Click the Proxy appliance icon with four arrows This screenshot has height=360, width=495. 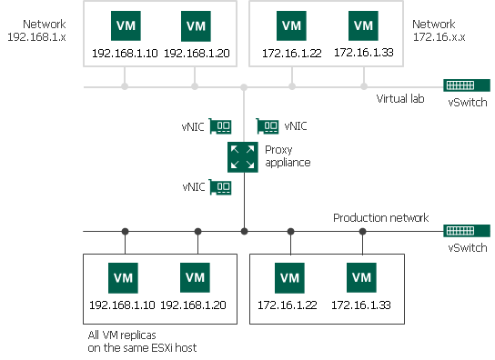(x=243, y=156)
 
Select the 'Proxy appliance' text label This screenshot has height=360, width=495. (x=288, y=155)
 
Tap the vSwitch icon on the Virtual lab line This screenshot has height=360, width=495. (x=464, y=86)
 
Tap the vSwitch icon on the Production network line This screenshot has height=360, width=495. (x=464, y=231)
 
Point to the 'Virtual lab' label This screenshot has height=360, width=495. (x=402, y=98)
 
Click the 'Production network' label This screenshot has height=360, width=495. (x=380, y=218)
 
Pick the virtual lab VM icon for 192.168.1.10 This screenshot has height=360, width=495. (x=124, y=25)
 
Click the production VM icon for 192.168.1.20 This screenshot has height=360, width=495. (x=196, y=276)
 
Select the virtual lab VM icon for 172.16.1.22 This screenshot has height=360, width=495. (x=291, y=25)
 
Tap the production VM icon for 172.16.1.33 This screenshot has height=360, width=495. (x=362, y=276)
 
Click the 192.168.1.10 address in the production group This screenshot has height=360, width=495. (x=124, y=305)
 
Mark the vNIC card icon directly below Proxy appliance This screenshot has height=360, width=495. (x=221, y=187)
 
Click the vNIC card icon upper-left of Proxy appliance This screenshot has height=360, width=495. (x=221, y=126)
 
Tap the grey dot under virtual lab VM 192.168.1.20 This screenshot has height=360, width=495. (x=196, y=87)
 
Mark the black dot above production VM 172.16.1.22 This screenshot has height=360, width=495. (x=290, y=231)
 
